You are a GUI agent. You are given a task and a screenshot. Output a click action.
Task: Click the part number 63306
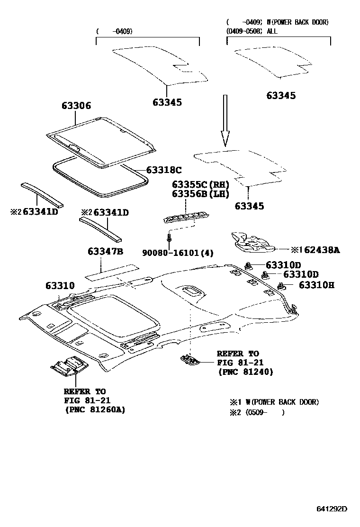pos(76,106)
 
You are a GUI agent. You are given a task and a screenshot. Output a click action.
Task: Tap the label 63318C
pos(164,170)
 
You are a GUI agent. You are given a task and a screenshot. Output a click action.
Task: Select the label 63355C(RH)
pos(200,184)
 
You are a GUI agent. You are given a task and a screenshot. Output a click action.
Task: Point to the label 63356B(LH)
pos(200,194)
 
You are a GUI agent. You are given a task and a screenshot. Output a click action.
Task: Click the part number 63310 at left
pos(60,286)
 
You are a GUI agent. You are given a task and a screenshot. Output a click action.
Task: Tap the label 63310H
pos(316,285)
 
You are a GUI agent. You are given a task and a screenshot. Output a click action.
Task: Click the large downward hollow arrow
pos(225,121)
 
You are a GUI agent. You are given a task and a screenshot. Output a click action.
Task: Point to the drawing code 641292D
pos(332,509)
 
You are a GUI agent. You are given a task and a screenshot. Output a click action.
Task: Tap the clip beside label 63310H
pos(282,286)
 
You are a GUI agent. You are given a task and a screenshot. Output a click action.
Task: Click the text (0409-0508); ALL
pos(252,31)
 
